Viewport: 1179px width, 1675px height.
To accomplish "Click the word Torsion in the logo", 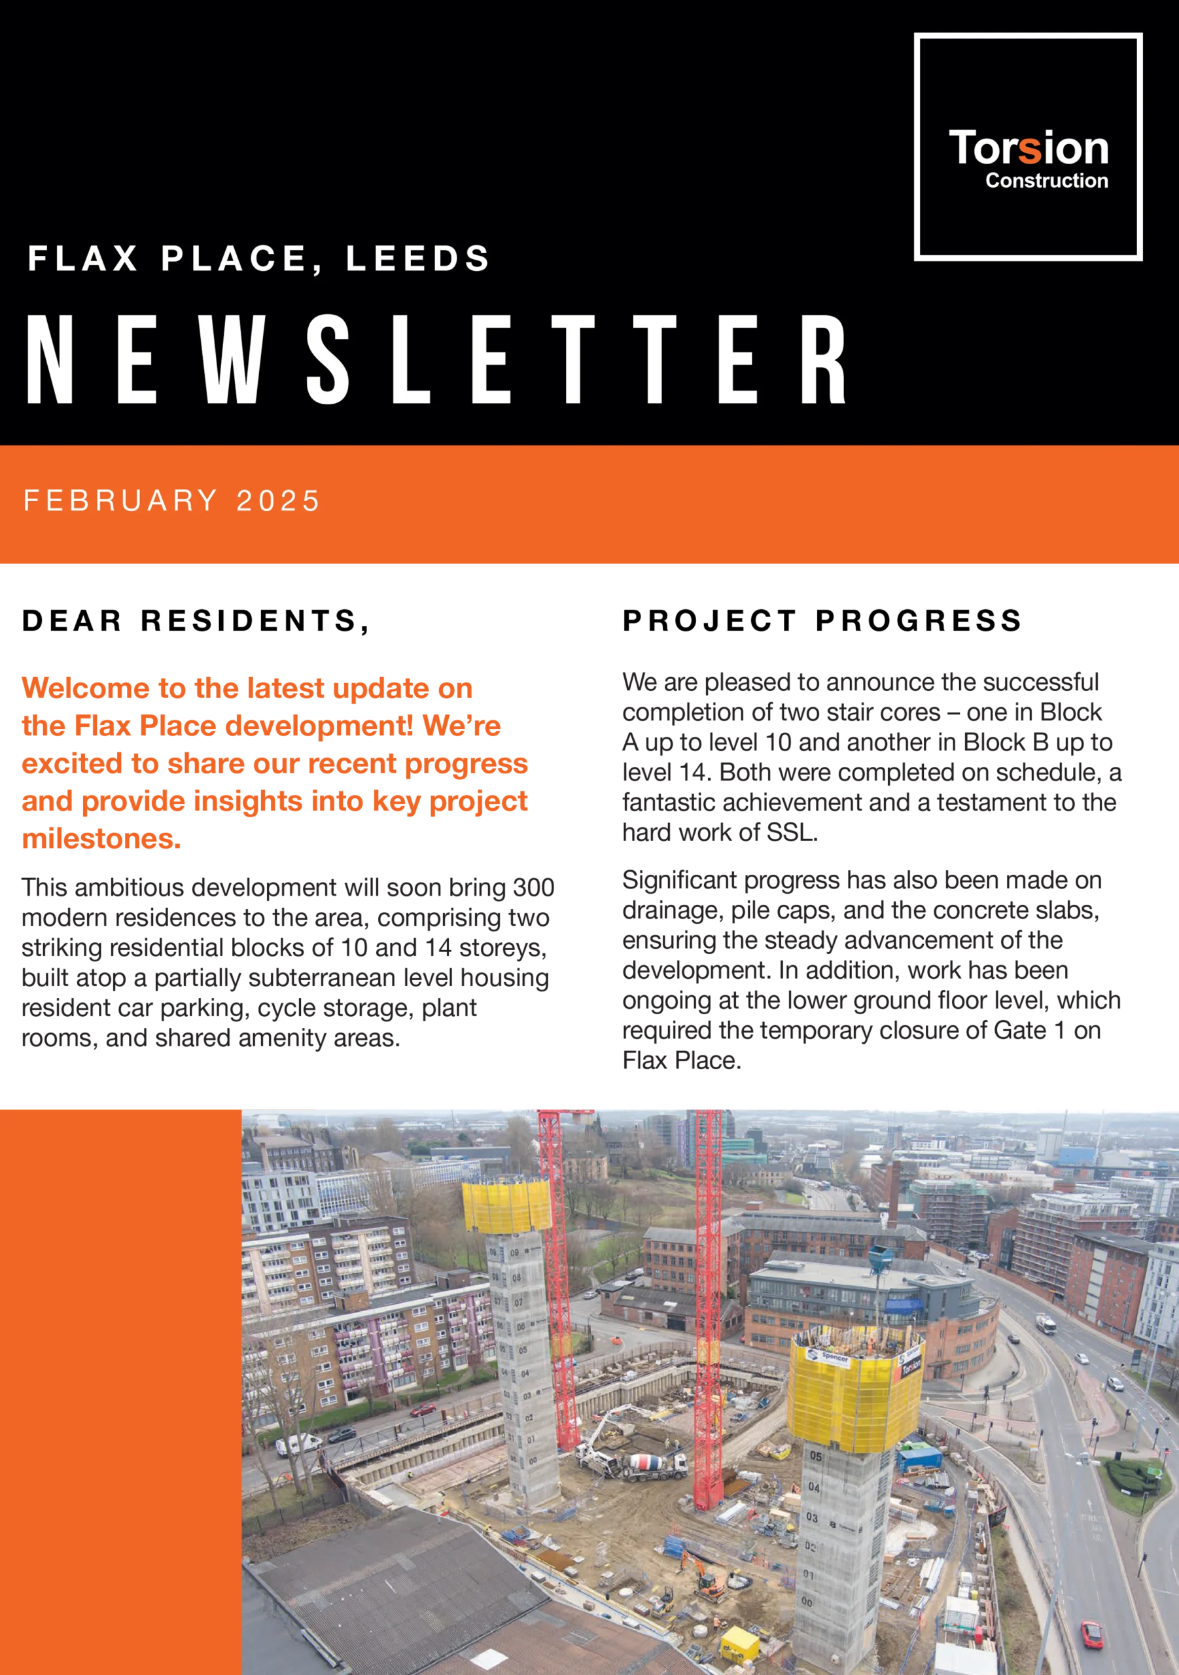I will (x=1028, y=149).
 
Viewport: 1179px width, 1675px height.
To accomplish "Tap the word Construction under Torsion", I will (x=1046, y=181).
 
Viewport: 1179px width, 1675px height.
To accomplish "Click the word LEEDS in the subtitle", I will (x=417, y=259).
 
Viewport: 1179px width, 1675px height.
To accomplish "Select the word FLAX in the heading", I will (x=82, y=259).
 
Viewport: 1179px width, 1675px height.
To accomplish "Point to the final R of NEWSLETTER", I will (x=822, y=360).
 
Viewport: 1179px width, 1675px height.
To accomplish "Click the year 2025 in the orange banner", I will (x=278, y=501).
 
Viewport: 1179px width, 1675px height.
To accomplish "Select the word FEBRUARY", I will (x=120, y=501).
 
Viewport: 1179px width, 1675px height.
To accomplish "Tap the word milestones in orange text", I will (x=101, y=839).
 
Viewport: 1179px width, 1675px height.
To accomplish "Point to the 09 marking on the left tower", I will (x=514, y=1252).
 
